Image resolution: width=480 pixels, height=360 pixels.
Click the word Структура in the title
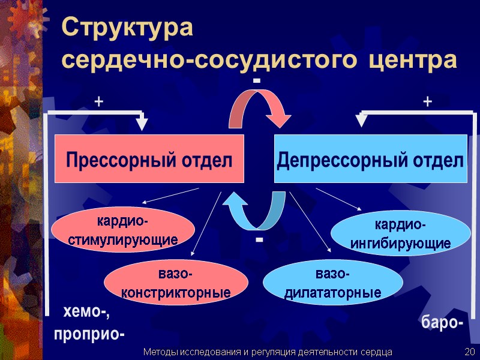click(128, 29)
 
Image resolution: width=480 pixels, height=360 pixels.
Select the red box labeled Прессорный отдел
click(149, 159)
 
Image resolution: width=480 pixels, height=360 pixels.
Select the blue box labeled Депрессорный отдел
click(370, 159)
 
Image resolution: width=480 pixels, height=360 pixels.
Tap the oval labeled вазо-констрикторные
click(176, 284)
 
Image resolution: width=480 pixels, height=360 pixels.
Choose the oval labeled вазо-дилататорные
click(333, 284)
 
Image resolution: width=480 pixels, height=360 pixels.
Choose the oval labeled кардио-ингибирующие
click(401, 235)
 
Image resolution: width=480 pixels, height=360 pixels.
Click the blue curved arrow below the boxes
click(254, 209)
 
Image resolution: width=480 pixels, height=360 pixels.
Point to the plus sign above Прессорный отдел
click(98, 103)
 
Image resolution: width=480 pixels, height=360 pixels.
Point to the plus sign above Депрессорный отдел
click(427, 103)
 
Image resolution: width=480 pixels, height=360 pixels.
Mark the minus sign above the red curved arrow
click(257, 80)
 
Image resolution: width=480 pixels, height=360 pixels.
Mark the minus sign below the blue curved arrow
click(259, 239)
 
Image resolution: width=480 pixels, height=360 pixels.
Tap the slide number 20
click(469, 351)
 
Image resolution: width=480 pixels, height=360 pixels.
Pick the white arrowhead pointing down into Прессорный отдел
click(142, 124)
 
